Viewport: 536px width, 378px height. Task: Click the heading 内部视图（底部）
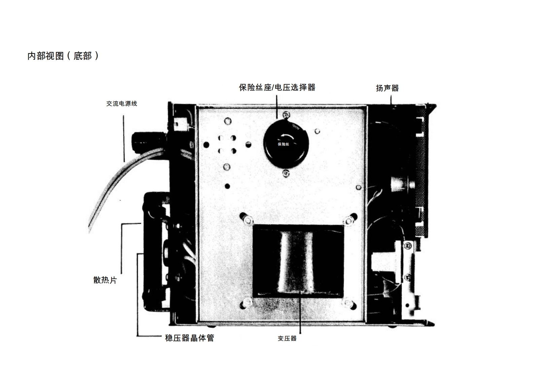63,56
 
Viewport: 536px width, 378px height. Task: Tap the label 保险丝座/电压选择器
277,88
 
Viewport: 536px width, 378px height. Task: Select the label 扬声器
387,88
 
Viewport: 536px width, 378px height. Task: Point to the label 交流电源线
122,104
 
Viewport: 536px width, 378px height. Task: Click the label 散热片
105,280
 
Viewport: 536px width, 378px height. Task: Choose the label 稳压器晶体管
190,338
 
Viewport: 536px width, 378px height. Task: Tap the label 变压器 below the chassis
287,339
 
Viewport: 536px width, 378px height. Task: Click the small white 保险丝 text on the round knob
283,144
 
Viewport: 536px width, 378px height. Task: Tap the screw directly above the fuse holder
287,115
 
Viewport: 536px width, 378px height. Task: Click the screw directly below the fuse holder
286,173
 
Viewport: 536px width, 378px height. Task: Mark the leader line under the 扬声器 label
391,100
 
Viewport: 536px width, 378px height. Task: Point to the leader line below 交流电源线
124,138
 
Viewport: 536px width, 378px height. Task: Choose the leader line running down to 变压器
300,313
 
